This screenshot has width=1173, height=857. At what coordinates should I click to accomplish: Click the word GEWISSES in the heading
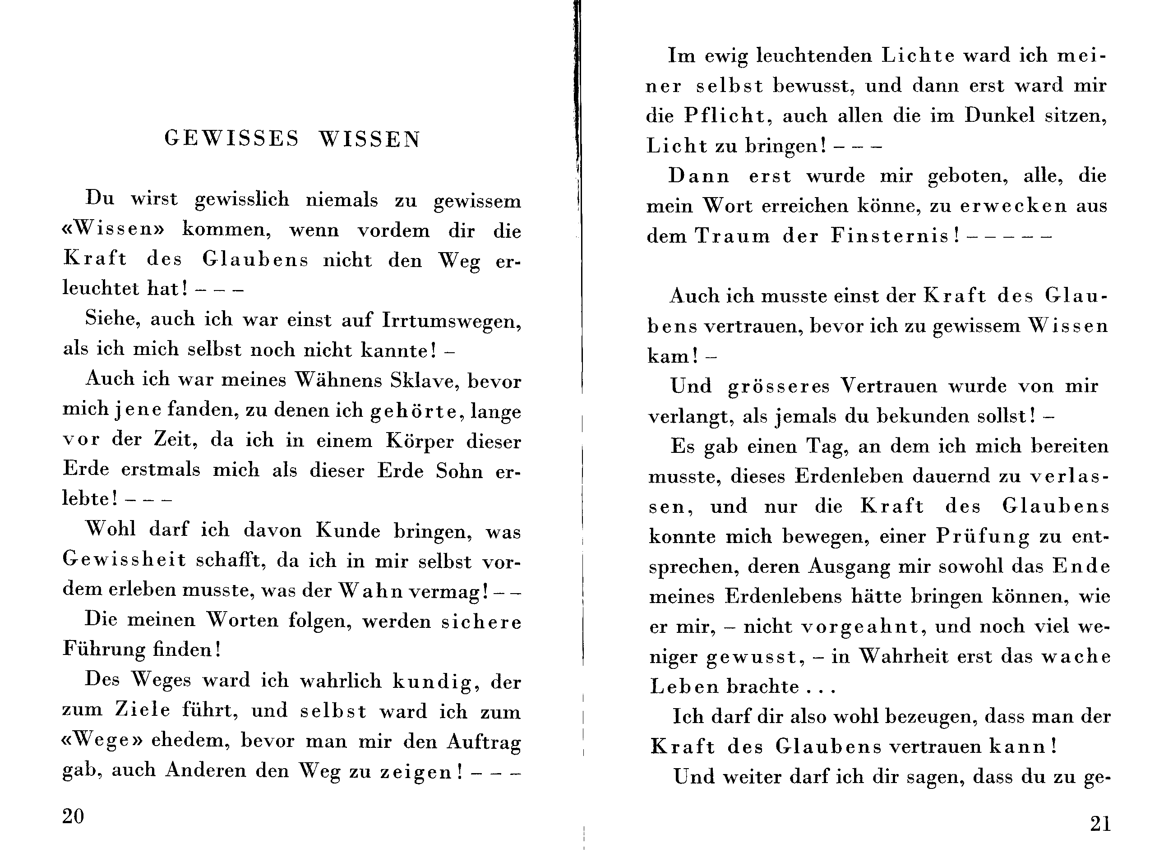point(232,138)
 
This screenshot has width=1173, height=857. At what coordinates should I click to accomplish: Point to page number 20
point(73,816)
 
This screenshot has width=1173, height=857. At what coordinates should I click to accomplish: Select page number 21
point(1100,824)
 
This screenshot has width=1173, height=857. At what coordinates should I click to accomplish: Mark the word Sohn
point(459,471)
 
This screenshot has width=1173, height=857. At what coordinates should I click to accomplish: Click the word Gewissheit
point(124,560)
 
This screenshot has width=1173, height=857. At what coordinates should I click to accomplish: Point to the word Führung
point(104,650)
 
